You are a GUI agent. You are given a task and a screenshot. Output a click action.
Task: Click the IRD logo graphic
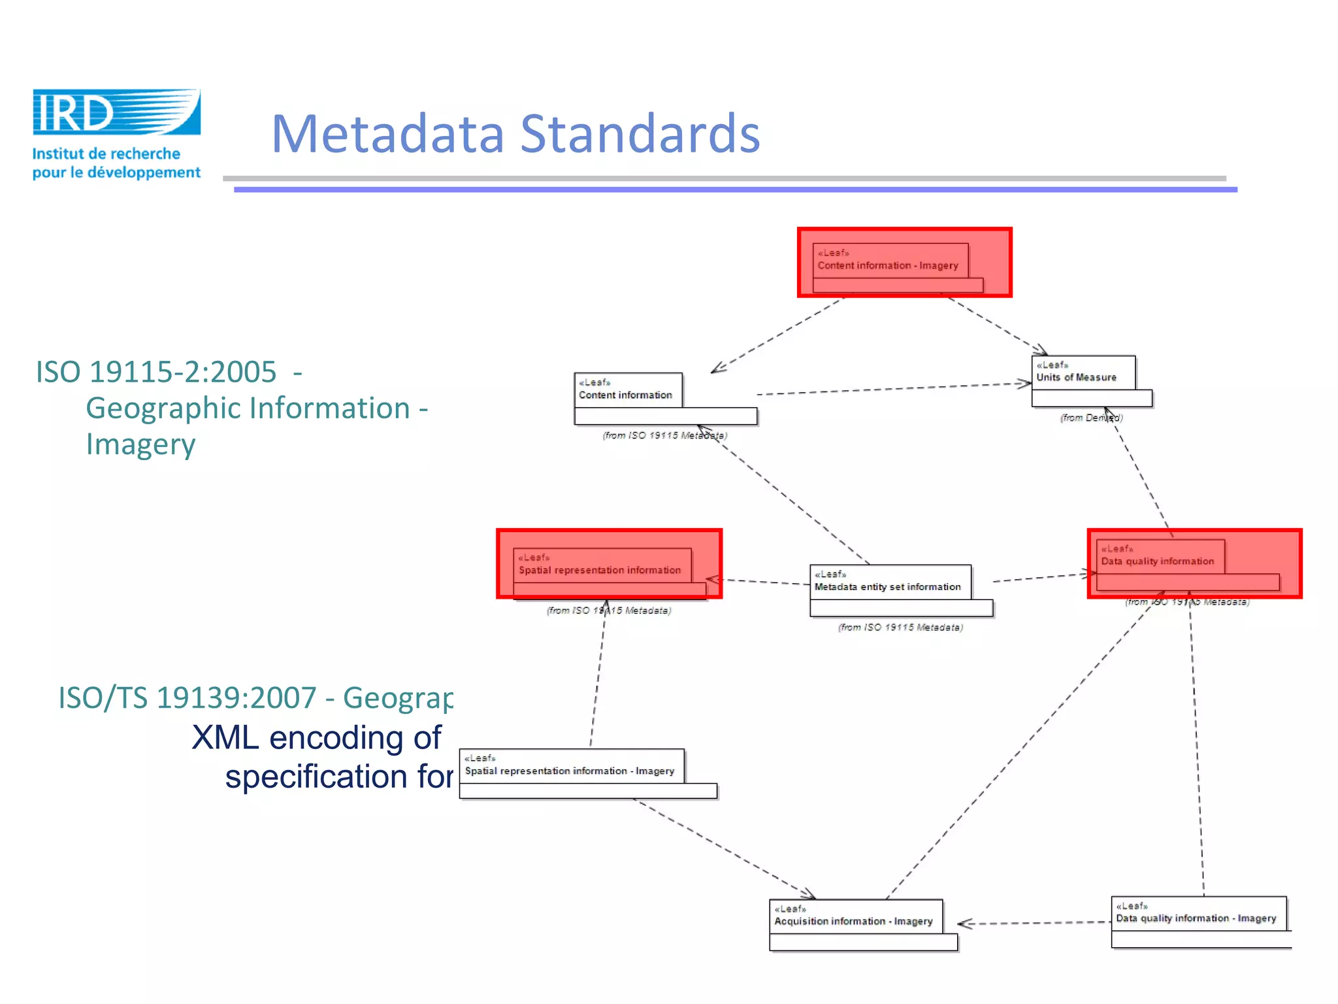click(x=116, y=112)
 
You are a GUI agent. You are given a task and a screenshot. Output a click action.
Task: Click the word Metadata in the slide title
click(x=388, y=134)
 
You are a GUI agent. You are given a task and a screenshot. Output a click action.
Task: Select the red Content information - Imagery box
click(x=904, y=263)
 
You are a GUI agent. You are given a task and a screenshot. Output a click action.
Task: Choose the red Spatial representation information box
click(x=609, y=564)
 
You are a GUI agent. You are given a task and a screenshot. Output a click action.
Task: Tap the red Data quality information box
click(x=1194, y=563)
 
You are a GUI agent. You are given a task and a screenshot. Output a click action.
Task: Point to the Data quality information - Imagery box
click(x=1199, y=921)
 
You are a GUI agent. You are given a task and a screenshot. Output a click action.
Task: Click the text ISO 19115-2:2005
click(x=156, y=372)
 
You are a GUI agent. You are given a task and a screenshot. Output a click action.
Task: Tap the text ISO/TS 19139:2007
click(x=188, y=697)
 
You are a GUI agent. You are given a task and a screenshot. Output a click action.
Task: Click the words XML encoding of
click(x=317, y=737)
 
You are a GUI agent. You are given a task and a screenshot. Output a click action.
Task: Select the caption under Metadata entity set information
click(x=900, y=627)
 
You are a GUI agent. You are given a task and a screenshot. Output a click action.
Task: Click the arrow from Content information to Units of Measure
click(x=895, y=389)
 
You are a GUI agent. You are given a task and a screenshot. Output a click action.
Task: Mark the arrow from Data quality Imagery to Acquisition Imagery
click(x=1036, y=923)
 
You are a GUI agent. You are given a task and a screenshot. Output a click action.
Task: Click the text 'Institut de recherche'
click(x=106, y=154)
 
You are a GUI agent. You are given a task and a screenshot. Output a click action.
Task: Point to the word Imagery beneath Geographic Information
click(x=140, y=444)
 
